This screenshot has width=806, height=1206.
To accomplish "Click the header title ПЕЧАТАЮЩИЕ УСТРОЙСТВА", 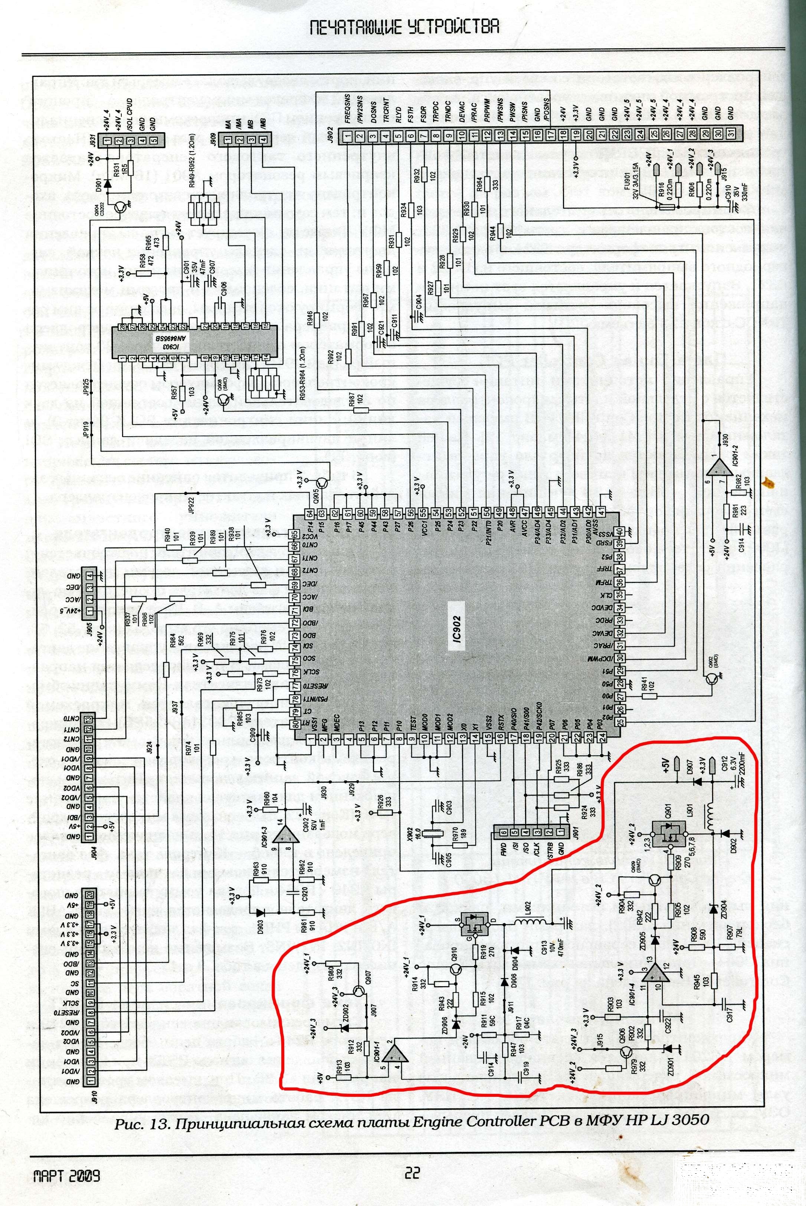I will click(404, 27).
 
